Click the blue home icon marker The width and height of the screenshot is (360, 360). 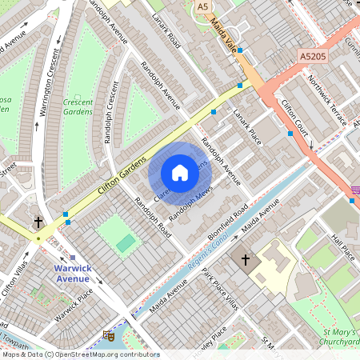point(180,172)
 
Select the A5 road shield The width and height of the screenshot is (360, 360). point(204,6)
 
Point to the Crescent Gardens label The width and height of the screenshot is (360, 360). point(78,106)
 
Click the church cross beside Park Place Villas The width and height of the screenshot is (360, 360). point(246,260)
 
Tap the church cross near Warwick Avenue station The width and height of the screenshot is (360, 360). point(38,221)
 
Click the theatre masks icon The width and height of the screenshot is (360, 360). point(108,337)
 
